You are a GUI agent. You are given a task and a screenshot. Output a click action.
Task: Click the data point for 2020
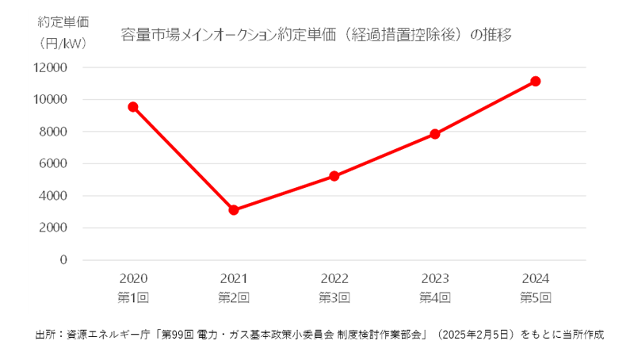click(133, 107)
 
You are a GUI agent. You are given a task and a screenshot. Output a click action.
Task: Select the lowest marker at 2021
click(234, 210)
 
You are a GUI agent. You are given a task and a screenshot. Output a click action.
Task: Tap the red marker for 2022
click(334, 176)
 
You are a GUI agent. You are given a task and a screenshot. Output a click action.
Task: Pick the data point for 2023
click(435, 134)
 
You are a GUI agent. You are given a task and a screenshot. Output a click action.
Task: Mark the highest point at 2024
click(536, 81)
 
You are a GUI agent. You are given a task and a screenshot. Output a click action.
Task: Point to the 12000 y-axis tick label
click(50, 68)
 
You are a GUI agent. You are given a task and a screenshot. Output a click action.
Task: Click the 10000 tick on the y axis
click(50, 100)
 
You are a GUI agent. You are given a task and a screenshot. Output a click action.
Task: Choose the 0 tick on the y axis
click(63, 260)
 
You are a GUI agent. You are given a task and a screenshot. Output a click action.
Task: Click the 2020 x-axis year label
click(133, 279)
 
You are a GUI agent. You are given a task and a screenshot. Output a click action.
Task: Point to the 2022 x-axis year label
click(334, 279)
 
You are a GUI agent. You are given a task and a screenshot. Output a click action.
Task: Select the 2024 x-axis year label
click(536, 279)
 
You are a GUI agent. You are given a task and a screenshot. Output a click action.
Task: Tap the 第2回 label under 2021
click(234, 297)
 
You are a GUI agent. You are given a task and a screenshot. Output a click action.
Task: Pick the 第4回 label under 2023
click(435, 297)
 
